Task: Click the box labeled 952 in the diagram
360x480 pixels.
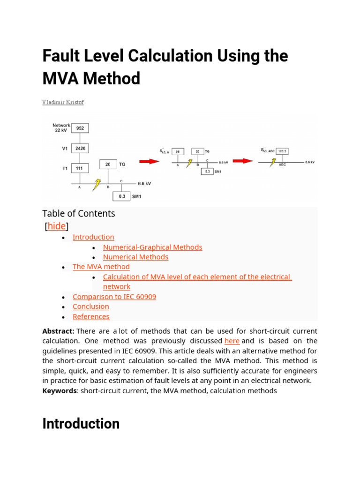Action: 80,128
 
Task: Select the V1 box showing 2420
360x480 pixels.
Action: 80,149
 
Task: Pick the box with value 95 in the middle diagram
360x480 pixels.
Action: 178,151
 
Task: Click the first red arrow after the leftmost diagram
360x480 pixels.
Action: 150,161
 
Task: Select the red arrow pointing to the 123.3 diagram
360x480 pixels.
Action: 244,161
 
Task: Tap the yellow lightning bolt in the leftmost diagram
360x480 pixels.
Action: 96,184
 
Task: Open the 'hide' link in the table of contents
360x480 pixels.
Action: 57,226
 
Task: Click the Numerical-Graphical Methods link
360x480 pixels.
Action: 152,247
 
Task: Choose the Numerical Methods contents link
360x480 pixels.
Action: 135,257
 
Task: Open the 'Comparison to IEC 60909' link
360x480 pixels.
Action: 114,297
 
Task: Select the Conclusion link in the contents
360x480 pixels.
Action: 91,307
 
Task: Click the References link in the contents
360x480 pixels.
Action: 91,316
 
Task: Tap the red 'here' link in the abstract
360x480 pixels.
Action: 232,341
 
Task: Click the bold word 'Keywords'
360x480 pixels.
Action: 59,390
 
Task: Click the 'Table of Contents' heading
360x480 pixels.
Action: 78,214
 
